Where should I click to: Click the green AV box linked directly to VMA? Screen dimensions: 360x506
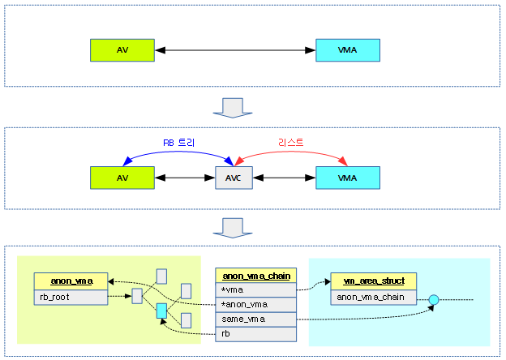122,50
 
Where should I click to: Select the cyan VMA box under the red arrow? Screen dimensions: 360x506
347,177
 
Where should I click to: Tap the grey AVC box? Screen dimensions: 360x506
234,177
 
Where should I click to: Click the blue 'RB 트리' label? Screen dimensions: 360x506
180,142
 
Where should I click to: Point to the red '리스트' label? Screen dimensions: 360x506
290,142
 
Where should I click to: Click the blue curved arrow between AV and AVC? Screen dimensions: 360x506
178,153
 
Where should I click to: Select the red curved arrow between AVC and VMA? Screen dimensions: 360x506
290,153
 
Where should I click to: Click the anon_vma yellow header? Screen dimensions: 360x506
71,281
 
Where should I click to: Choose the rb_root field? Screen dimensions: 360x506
71,297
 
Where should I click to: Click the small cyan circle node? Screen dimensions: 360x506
434,300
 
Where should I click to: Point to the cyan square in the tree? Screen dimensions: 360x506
161,311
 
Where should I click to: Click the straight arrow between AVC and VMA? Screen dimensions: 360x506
284,177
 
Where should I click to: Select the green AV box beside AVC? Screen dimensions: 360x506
122,177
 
